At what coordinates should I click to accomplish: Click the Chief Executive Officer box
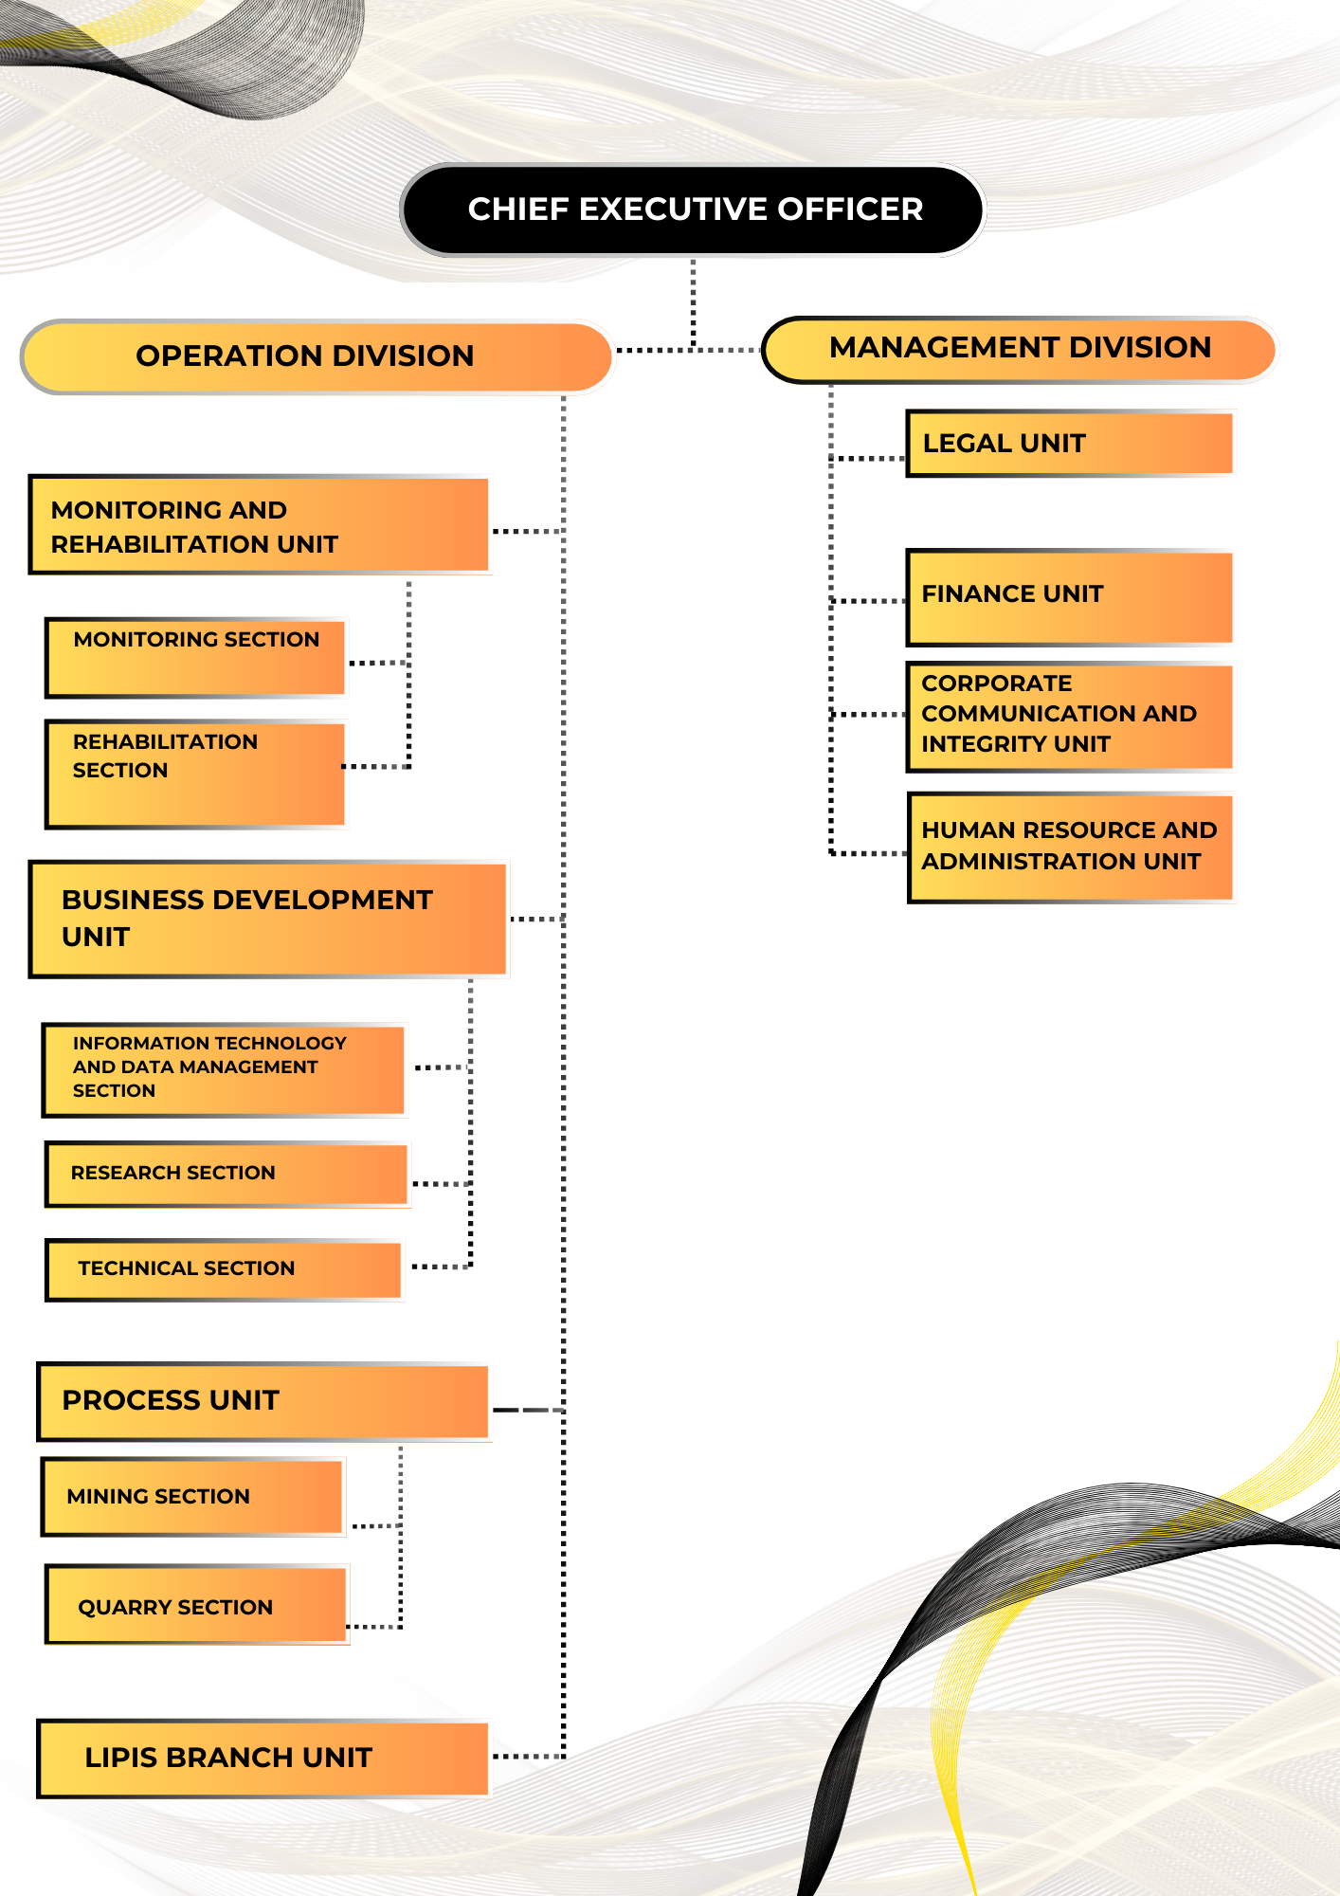694,210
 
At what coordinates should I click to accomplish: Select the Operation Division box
317,356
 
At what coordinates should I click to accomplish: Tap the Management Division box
1020,349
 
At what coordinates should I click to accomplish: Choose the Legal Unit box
1070,443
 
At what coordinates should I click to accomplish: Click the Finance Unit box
1070,596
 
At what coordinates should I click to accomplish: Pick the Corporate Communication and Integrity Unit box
1070,715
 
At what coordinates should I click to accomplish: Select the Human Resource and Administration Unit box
1070,847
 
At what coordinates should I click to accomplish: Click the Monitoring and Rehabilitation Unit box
260,526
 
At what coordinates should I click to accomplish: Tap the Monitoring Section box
196,656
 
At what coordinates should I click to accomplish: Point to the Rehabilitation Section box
195,773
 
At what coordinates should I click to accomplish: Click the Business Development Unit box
268,919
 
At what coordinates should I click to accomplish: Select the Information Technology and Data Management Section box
225,1068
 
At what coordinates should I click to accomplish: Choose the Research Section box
227,1174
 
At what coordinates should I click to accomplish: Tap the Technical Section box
225,1268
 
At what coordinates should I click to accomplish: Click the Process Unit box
263,1401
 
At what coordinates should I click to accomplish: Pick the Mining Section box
193,1496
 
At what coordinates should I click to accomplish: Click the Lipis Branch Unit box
263,1758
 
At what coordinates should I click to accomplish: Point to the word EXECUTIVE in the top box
674,210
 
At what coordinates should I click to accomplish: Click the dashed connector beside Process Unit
527,1410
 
